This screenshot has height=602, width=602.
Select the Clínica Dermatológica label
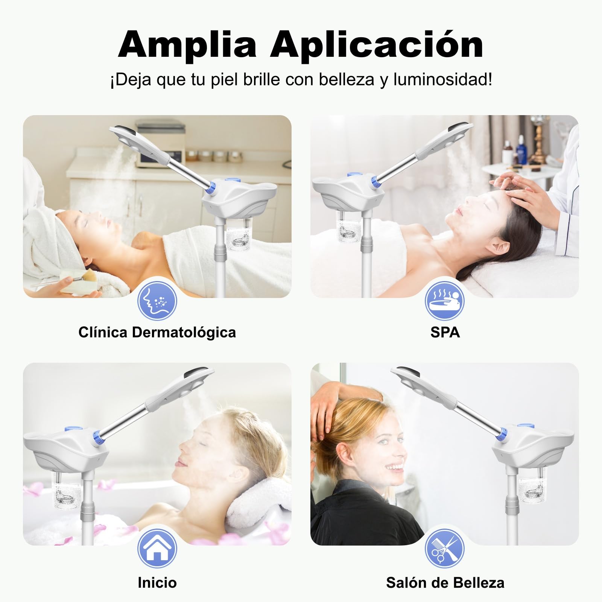pos(157,332)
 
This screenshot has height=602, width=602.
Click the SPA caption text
pos(445,332)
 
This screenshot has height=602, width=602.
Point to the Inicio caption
pos(157,582)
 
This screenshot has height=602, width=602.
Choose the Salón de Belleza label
pos(445,582)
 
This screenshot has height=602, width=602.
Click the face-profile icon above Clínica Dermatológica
pos(157,301)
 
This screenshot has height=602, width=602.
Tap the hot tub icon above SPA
pos(445,301)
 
